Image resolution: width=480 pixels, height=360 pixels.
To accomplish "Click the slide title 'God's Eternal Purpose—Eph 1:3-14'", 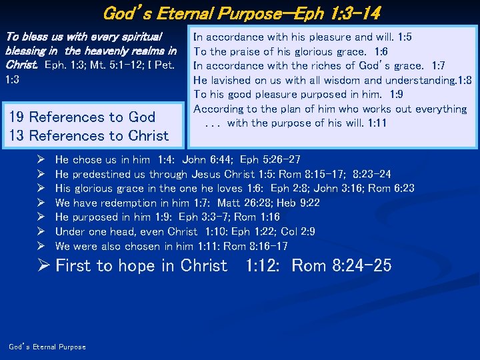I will pos(241,13).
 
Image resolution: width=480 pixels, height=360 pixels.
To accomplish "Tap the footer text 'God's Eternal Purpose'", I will pos(47,347).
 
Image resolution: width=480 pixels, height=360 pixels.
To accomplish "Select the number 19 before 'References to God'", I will pos(17,117).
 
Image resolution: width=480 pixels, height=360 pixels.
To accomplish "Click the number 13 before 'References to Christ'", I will pos(17,135).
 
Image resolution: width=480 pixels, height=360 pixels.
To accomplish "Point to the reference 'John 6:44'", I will pos(203,159).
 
